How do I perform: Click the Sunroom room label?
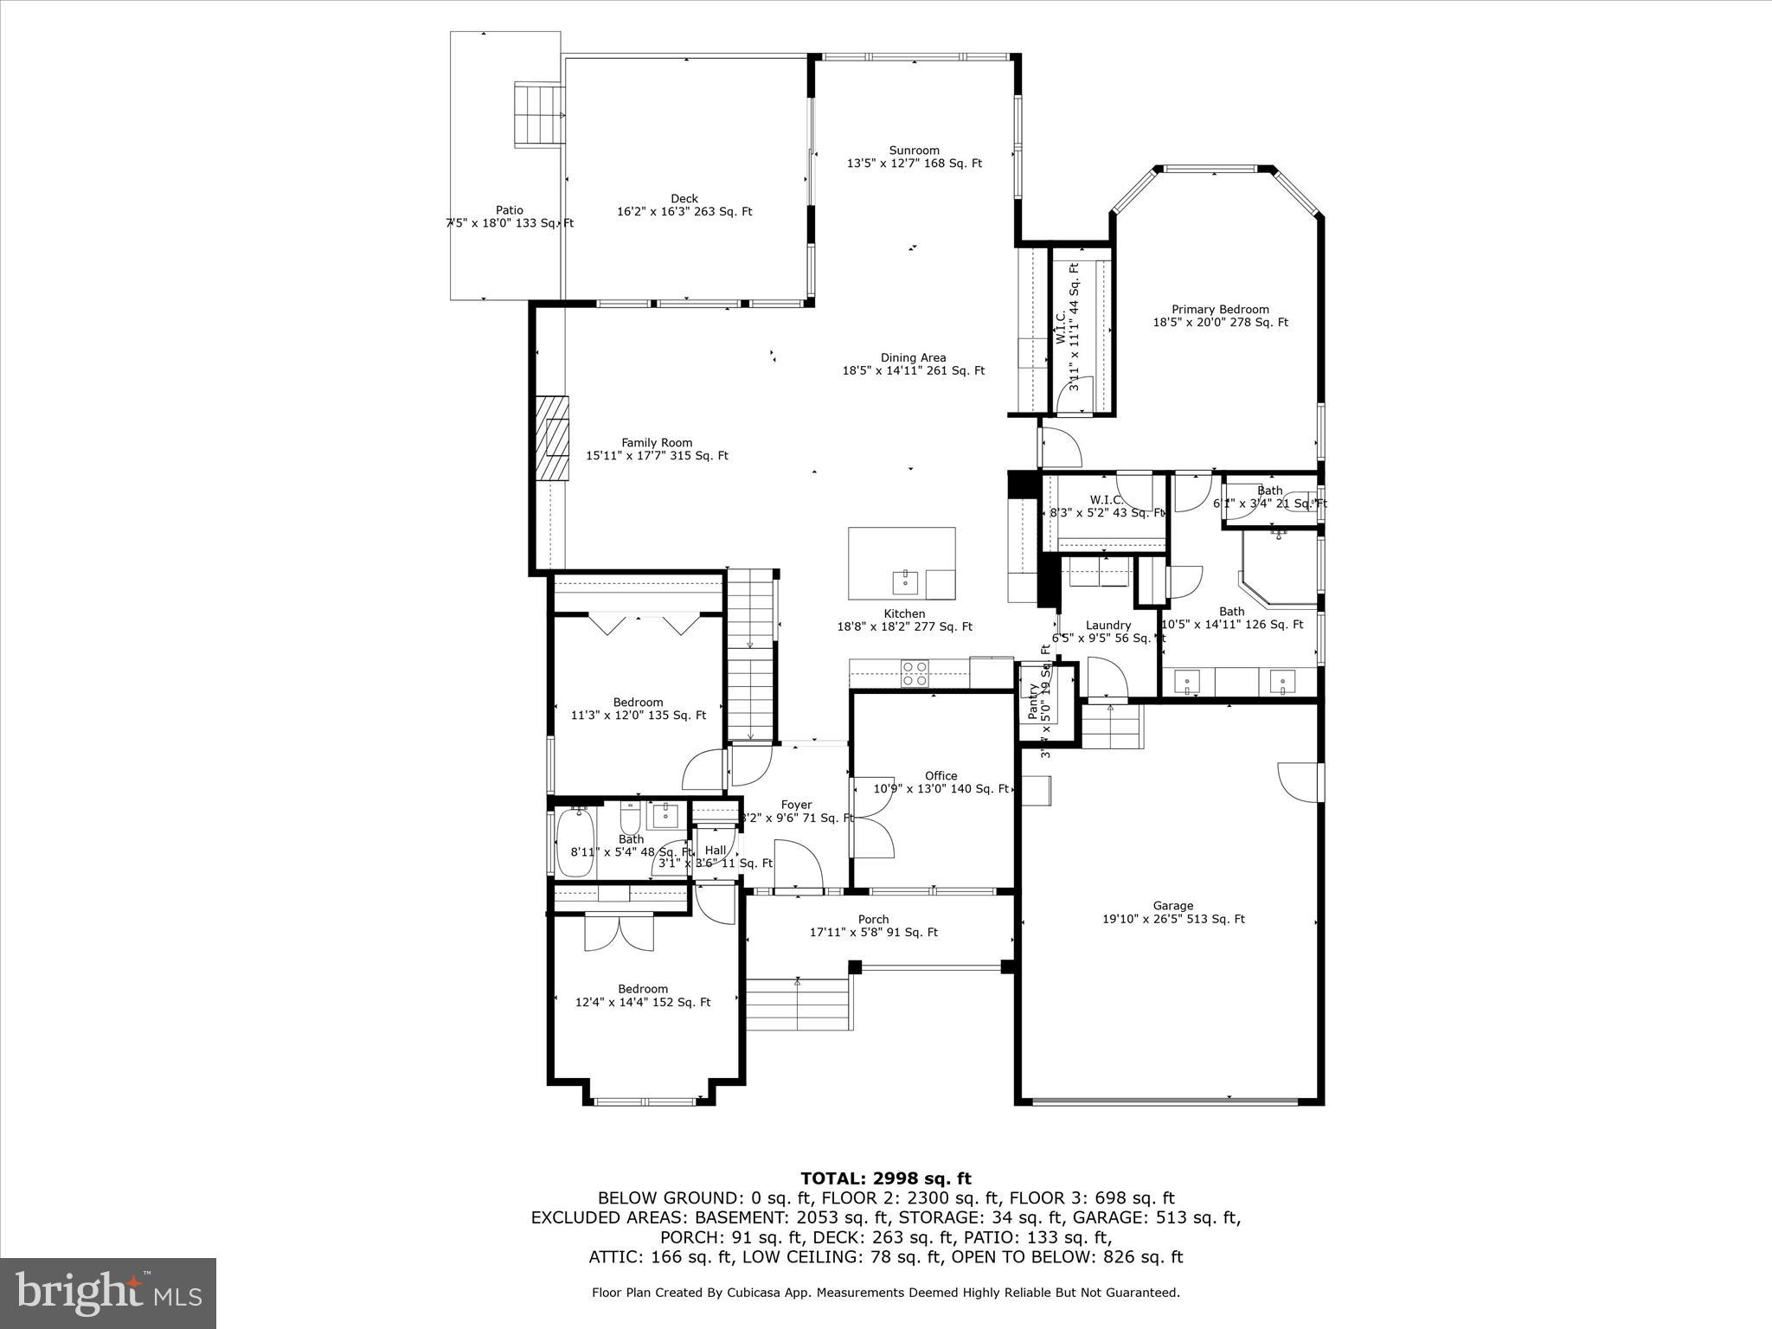(914, 151)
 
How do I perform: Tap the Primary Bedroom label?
(1220, 310)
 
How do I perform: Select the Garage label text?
(1172, 906)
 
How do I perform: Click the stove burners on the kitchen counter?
(915, 673)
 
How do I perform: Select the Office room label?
(941, 776)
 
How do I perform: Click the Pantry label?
(1033, 701)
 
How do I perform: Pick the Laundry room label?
(1107, 626)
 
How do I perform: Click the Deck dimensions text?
(684, 212)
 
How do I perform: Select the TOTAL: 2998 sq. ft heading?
(885, 1178)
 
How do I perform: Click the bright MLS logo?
(108, 1293)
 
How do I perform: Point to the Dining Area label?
(913, 357)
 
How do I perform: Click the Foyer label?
(796, 805)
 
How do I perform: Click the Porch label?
(873, 920)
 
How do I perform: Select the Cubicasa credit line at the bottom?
(885, 1293)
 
